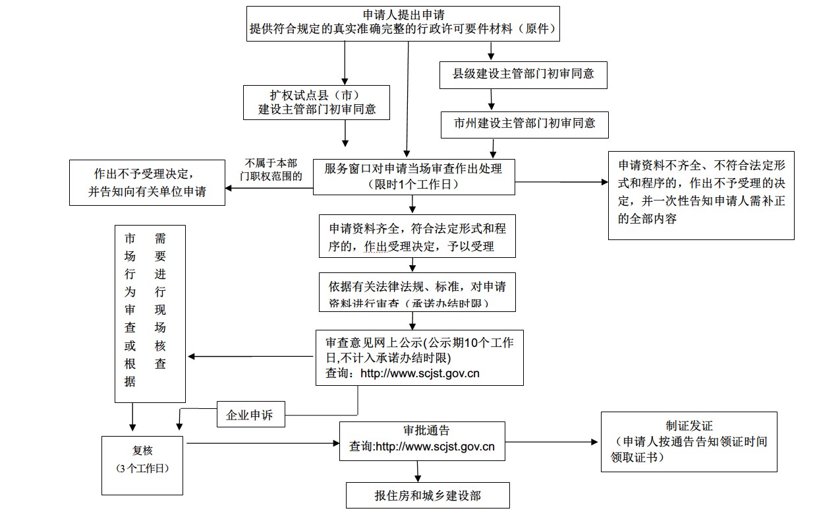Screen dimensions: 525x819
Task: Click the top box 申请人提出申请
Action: coord(403,24)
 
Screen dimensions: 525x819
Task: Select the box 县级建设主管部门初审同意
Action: coord(523,74)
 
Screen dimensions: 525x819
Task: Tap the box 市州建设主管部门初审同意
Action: coord(524,123)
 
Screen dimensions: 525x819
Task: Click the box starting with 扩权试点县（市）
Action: coord(317,102)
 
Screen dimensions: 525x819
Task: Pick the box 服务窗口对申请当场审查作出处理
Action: coord(413,176)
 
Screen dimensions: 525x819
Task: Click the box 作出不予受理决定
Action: coord(148,183)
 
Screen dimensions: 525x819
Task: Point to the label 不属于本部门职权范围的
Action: coord(271,170)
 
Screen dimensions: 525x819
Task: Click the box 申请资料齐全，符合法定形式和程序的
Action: coord(417,236)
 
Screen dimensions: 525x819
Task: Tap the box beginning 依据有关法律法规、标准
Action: coord(417,292)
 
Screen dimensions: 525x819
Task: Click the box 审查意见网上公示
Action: coord(420,357)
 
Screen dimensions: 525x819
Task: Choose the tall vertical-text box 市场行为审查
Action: coord(150,313)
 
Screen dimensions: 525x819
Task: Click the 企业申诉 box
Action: coord(250,416)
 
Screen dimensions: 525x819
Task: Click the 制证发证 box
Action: coord(689,442)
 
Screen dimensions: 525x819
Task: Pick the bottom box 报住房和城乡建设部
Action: coord(428,495)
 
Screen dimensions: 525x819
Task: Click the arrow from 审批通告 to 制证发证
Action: coord(552,442)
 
